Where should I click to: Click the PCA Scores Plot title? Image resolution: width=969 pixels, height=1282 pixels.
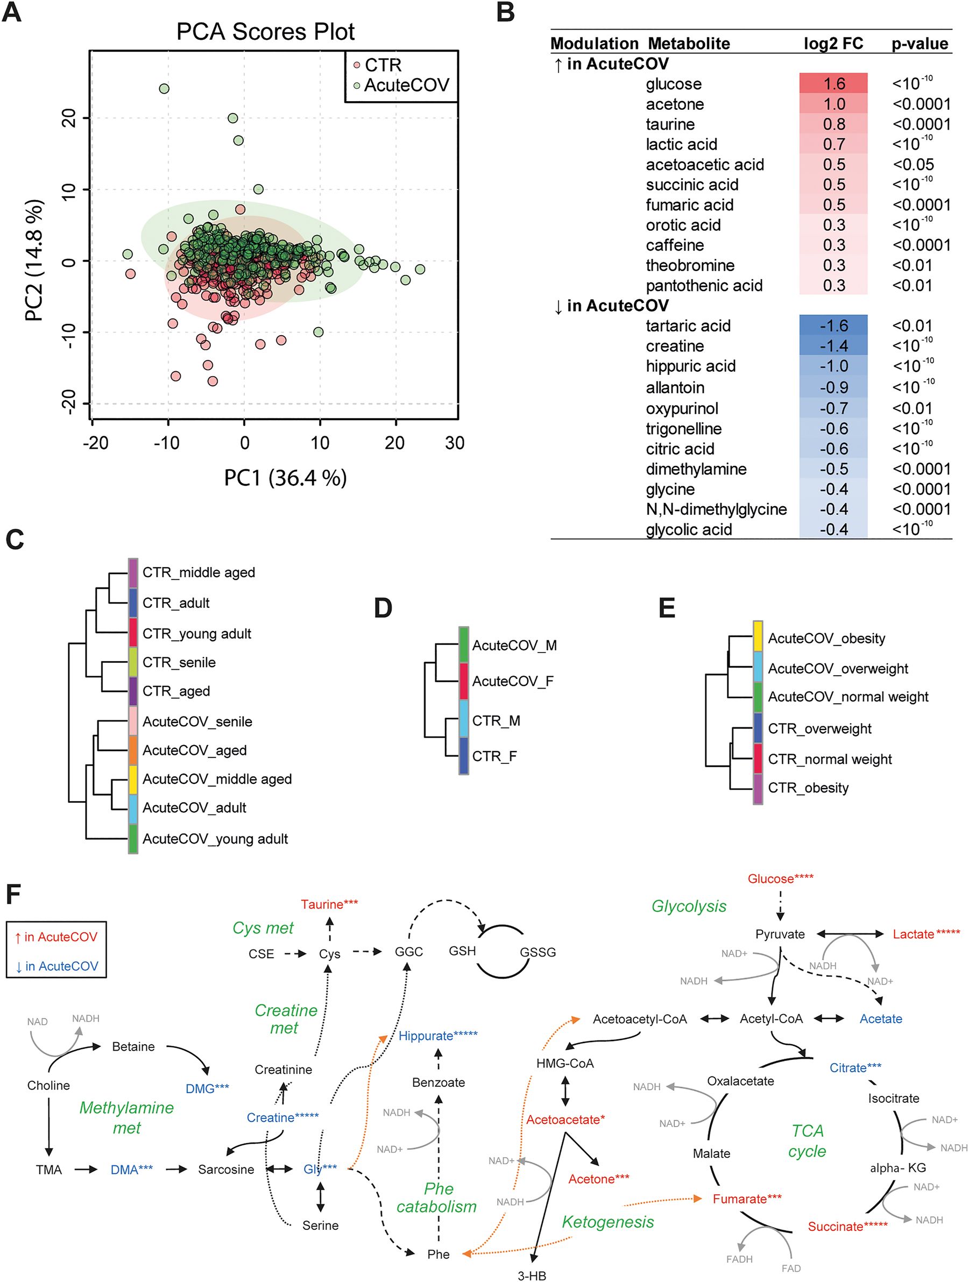[x=265, y=32]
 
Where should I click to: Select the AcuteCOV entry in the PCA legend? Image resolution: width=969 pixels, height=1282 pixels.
[x=406, y=85]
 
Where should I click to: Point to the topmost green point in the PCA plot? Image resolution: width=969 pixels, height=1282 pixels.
[x=164, y=89]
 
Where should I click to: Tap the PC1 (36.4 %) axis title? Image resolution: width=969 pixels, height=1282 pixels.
[x=285, y=478]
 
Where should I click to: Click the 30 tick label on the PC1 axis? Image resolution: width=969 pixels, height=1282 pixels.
[x=454, y=443]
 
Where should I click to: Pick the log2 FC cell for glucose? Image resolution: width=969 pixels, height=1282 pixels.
[x=833, y=83]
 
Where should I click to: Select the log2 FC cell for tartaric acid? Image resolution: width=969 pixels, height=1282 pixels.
[x=833, y=325]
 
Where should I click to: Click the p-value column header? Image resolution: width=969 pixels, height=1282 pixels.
[x=919, y=44]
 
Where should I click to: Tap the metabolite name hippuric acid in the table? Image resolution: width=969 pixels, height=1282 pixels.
[x=690, y=366]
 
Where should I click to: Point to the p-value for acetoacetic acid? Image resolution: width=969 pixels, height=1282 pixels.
[x=913, y=165]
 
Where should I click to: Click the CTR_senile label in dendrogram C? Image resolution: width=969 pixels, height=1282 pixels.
[x=179, y=662]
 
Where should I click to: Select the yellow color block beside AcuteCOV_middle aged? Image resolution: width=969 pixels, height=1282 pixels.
[x=133, y=780]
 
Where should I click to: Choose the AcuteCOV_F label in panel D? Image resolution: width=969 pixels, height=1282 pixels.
[x=512, y=681]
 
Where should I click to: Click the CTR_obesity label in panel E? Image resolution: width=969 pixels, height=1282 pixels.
[x=808, y=788]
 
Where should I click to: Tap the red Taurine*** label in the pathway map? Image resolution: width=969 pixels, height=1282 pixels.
[x=329, y=904]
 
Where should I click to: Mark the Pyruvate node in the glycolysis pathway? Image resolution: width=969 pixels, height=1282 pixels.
[x=780, y=934]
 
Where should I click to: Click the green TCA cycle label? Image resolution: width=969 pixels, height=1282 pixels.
[x=807, y=1141]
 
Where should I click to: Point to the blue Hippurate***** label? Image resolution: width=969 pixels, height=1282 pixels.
[x=437, y=1036]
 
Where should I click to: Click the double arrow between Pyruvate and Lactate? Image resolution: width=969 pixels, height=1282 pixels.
[x=850, y=934]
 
